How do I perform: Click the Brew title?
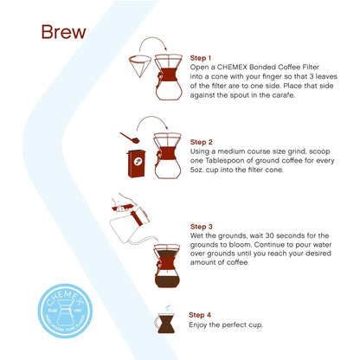point(63,33)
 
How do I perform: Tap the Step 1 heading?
point(202,56)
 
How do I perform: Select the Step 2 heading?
point(202,140)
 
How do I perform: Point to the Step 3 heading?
point(202,223)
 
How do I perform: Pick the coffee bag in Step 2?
point(136,166)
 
